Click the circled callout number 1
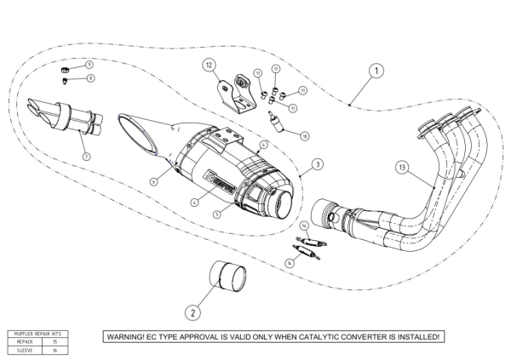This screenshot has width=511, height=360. point(374,71)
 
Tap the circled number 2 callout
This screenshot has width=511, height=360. point(193,312)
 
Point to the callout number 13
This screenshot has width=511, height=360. point(403,169)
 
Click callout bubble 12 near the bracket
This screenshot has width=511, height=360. point(209,65)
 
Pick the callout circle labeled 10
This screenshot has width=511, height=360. point(305,134)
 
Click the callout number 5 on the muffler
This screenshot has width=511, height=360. point(218,214)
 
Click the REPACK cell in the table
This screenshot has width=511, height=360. point(25,340)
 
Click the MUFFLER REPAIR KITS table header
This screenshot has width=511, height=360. point(38,333)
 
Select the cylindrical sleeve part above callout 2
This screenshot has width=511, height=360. point(227,278)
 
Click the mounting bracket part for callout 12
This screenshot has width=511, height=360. point(238,94)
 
